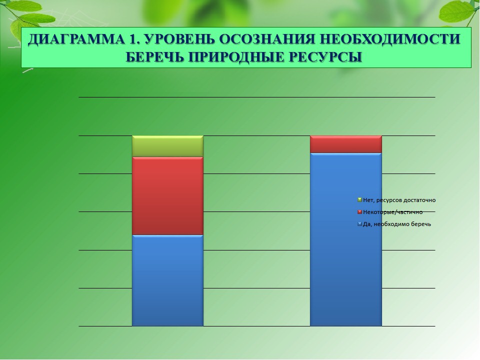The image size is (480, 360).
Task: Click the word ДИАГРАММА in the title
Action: (76, 39)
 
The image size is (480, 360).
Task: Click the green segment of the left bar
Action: (167, 146)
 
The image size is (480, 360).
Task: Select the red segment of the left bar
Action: (167, 196)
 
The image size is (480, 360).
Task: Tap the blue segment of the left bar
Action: (167, 280)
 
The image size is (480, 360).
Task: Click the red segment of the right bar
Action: (346, 144)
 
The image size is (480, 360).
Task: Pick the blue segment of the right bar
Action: (346, 239)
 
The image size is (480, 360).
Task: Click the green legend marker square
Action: (359, 200)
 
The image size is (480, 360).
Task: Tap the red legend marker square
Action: (359, 212)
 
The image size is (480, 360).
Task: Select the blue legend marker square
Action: (359, 224)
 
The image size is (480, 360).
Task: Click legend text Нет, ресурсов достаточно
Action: (399, 200)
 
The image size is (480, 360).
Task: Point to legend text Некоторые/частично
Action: (393, 212)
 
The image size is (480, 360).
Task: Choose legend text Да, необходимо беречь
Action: (396, 224)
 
